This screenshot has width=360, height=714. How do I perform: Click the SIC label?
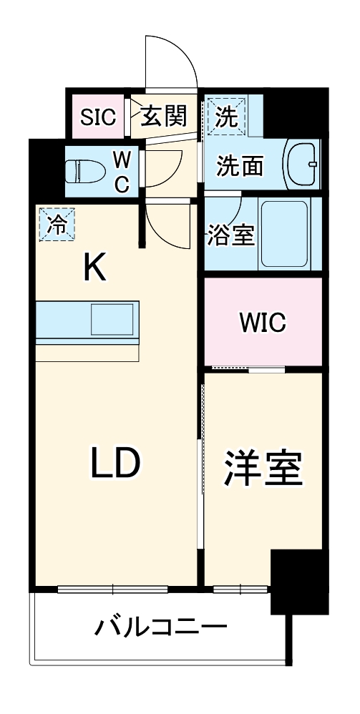[98, 117]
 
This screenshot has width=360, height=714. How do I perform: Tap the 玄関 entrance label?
[163, 116]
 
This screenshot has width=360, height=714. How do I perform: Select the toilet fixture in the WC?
[80, 171]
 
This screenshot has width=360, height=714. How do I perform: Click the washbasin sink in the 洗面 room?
[301, 165]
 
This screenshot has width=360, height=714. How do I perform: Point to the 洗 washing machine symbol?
[225, 117]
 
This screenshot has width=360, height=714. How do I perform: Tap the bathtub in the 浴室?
[284, 232]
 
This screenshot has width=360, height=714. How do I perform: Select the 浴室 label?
[230, 236]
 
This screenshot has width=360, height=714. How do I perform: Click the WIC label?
[262, 322]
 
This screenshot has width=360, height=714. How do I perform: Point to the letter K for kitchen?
[94, 269]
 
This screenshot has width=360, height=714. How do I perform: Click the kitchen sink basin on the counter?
[112, 319]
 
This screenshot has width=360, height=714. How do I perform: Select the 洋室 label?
[263, 469]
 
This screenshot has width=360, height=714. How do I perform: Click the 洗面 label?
[240, 166]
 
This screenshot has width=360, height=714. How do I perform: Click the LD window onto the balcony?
[112, 590]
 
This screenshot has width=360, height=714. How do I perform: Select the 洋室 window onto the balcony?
[240, 590]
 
